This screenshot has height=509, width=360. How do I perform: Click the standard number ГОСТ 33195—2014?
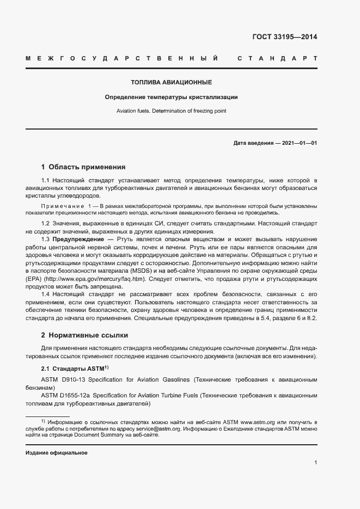coord(284,38)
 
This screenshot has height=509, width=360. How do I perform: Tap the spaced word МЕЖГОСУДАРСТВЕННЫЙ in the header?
coord(122,58)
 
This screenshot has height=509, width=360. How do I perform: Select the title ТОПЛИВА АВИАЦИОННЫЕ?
coord(171,83)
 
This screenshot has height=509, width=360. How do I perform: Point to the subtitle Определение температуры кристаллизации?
coord(171,97)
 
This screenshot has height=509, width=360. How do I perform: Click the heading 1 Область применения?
coord(83,167)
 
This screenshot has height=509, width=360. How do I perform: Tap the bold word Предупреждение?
coord(78,239)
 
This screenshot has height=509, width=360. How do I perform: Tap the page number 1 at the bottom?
coord(315,463)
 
